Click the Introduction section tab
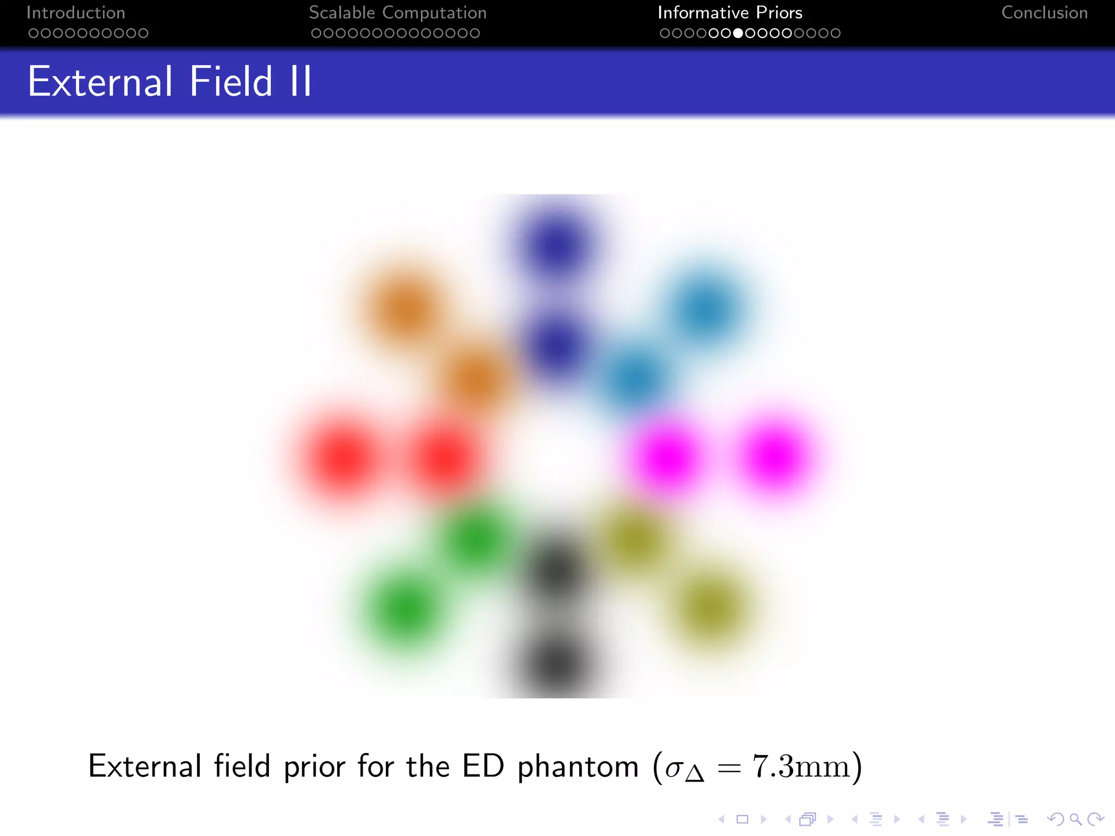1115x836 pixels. click(76, 13)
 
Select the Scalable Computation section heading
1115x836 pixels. click(397, 13)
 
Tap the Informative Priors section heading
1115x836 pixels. click(730, 13)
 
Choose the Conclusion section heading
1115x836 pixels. click(1044, 13)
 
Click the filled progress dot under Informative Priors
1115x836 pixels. click(738, 33)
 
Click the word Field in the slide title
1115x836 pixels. click(231, 82)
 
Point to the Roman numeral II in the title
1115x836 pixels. click(301, 82)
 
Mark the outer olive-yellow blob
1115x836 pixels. click(709, 607)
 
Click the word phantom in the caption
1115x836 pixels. click(578, 766)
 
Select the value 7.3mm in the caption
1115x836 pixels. click(800, 766)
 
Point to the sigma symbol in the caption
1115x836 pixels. click(674, 769)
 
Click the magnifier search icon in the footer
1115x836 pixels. click(1075, 819)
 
